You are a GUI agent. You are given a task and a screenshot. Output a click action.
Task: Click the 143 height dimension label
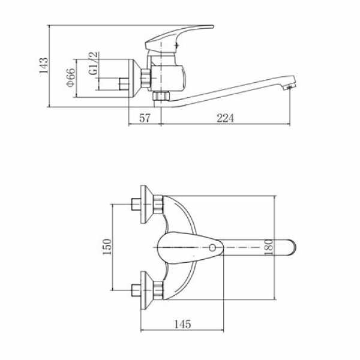click(43, 65)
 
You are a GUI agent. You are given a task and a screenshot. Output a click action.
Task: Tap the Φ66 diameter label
click(71, 77)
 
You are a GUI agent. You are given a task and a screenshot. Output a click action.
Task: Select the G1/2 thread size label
click(94, 64)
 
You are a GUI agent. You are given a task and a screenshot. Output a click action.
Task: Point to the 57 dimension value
click(145, 118)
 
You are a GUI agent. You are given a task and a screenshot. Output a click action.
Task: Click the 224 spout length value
click(225, 118)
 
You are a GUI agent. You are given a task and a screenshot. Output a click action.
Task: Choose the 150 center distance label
click(107, 247)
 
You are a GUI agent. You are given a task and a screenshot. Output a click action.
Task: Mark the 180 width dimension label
click(268, 247)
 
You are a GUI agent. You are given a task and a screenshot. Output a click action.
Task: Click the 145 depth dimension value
click(183, 324)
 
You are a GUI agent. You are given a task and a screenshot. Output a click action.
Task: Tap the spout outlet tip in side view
click(289, 87)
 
